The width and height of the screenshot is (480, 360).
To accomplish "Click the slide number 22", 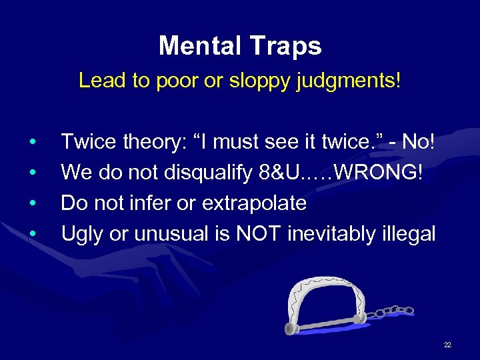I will point(447,345).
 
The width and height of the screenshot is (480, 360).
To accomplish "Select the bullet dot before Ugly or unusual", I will point(31,234).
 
